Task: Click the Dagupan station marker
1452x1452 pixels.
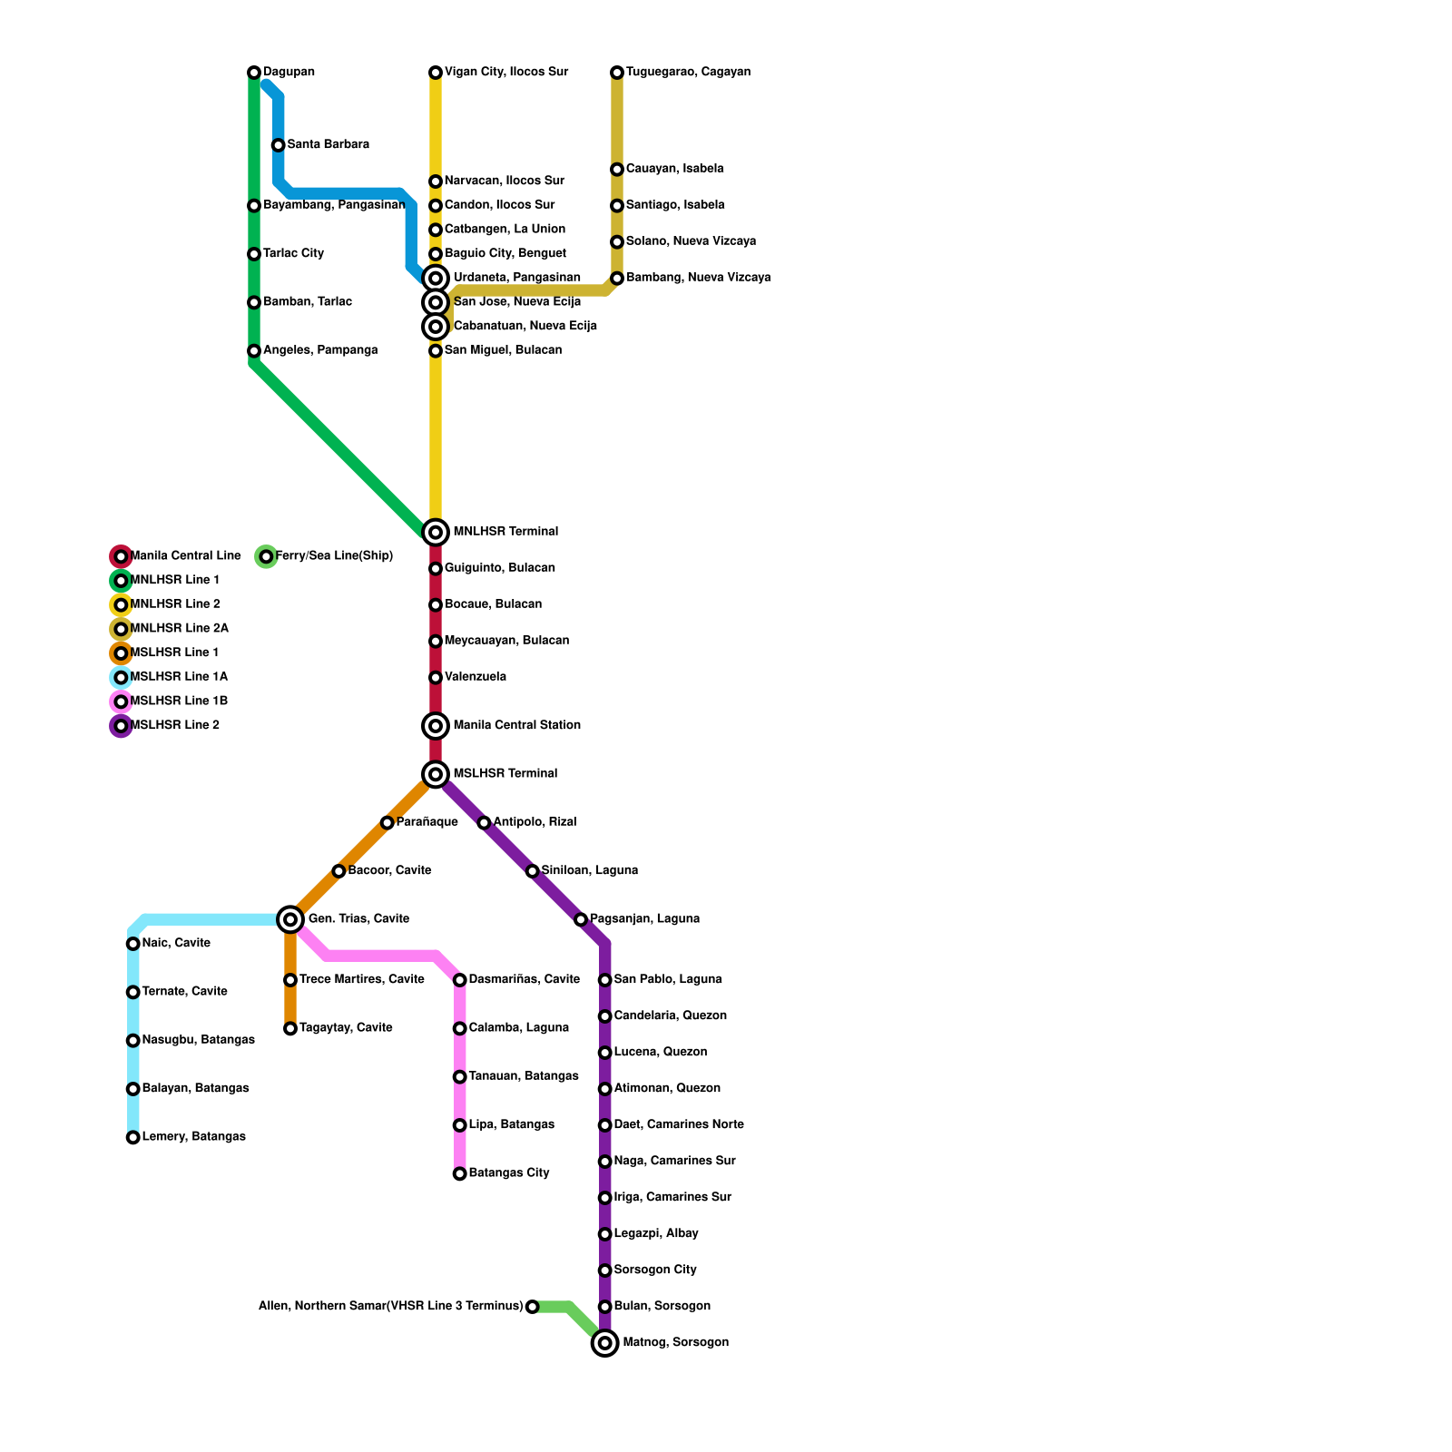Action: click(254, 73)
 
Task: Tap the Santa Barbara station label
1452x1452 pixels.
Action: click(328, 145)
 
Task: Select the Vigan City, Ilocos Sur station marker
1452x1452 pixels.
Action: click(436, 73)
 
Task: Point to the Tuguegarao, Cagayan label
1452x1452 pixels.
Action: click(688, 73)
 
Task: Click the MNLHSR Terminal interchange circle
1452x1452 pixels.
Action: click(436, 533)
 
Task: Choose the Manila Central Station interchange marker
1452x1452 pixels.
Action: click(436, 726)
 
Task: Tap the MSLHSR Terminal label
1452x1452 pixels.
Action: click(505, 774)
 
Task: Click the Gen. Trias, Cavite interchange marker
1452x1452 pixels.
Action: click(290, 919)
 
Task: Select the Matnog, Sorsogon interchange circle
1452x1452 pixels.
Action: click(605, 1343)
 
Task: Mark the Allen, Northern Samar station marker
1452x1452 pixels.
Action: click(533, 1307)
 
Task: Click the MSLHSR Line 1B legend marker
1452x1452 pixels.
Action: click(121, 701)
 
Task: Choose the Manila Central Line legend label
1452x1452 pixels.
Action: click(186, 556)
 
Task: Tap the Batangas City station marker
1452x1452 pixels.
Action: click(460, 1174)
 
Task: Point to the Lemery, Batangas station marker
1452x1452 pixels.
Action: click(133, 1138)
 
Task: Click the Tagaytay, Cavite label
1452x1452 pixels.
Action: click(346, 1028)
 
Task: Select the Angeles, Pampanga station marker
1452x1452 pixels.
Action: click(254, 351)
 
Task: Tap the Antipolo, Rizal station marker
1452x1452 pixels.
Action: click(484, 823)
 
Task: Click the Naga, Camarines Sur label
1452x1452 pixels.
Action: click(674, 1162)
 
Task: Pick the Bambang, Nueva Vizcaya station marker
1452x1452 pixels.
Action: click(617, 279)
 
